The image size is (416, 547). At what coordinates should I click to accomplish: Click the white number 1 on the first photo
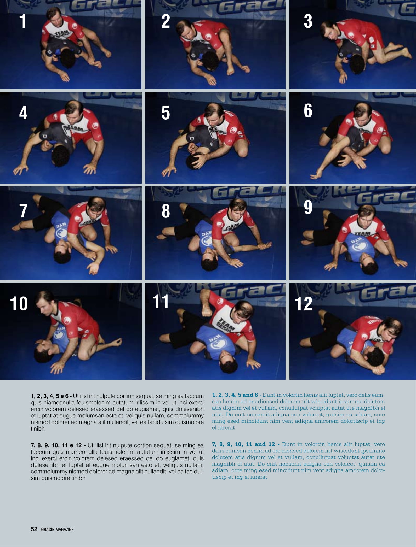[x=23, y=21]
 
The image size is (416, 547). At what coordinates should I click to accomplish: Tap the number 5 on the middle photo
[x=166, y=113]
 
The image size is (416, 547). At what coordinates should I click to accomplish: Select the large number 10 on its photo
[x=19, y=303]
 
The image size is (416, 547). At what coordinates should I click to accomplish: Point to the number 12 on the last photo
[x=303, y=304]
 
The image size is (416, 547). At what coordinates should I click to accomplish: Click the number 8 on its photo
[x=166, y=211]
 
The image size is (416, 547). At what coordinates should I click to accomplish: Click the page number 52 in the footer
[x=34, y=529]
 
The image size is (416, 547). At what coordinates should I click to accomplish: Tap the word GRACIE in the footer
[x=48, y=529]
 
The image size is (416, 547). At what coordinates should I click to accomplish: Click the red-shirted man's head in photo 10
[x=45, y=302]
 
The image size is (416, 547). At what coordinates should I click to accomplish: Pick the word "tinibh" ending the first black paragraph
[x=38, y=429]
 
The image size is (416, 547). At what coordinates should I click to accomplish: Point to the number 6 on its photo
[x=308, y=110]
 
